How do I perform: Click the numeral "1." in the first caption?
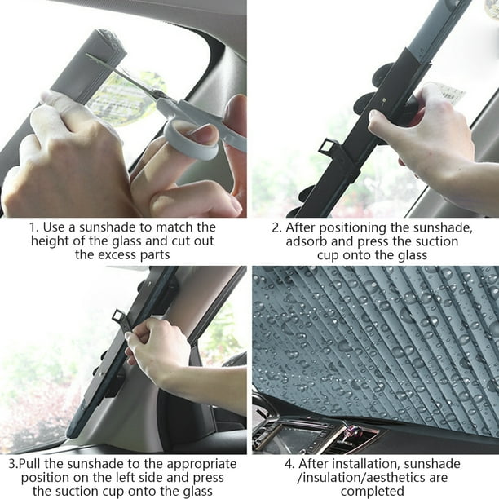(34, 227)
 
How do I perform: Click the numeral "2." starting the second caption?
(277, 227)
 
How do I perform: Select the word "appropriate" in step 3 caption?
(201, 465)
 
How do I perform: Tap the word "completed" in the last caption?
(373, 492)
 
